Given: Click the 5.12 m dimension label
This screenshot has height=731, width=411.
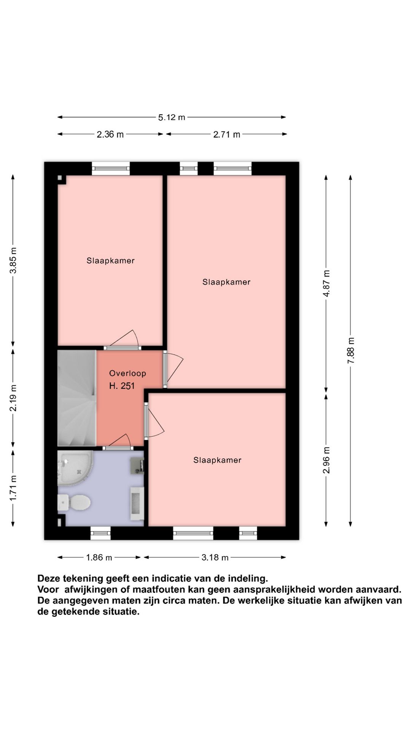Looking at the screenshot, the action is click(172, 117).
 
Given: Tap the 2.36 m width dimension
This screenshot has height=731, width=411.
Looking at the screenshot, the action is click(110, 134).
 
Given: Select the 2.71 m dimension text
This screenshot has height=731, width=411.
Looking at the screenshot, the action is click(226, 134).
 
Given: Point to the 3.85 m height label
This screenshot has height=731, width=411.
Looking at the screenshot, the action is click(13, 260).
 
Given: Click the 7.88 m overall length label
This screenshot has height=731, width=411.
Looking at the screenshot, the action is click(351, 350).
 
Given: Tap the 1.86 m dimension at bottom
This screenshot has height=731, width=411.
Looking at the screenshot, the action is click(99, 558).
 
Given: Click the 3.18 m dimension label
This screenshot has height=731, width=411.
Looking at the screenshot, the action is click(215, 558).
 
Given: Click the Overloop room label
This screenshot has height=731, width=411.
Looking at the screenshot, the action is click(127, 373).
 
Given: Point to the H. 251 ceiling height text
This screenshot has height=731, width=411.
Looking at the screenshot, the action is click(122, 386).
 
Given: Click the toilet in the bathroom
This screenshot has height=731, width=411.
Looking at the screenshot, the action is click(74, 503).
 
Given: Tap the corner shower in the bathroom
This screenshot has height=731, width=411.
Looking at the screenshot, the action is click(75, 468).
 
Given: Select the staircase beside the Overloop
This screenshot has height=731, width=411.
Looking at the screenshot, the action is click(76, 398).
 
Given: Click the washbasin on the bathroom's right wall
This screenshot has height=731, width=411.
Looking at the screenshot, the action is click(137, 503).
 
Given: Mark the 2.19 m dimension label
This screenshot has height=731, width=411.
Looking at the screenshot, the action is click(13, 398).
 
